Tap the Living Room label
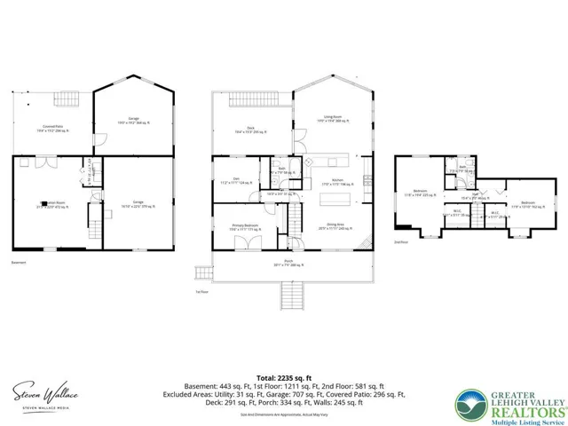pos(332,119)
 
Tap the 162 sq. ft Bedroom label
pos(527,204)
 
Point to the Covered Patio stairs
pos(67,98)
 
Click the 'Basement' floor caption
pos(19,263)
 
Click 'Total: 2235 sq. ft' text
pos(283,376)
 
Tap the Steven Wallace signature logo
pos(43,391)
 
